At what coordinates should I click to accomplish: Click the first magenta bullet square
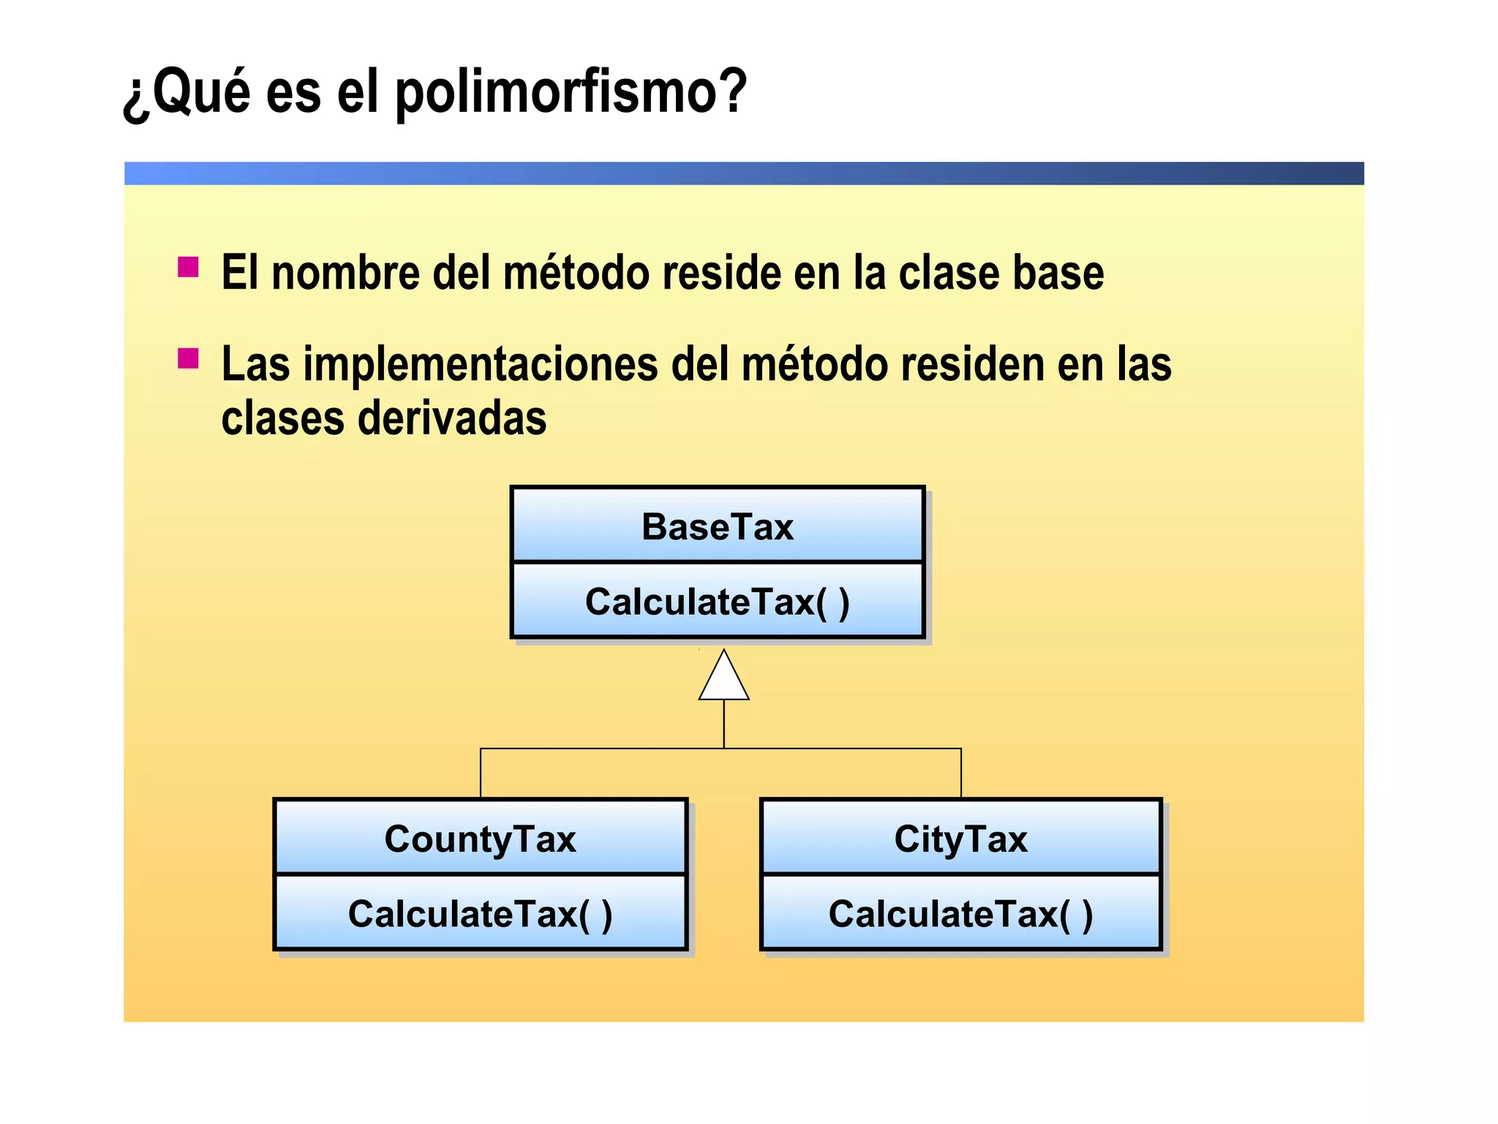coord(188,267)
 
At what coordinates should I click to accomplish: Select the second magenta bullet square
coord(188,359)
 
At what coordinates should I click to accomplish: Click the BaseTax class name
coord(718,527)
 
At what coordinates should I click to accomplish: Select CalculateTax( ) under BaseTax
coord(718,602)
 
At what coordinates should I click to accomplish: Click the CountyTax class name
coord(481,839)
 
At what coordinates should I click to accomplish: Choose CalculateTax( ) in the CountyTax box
coord(481,914)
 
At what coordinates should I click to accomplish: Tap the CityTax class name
coord(961,839)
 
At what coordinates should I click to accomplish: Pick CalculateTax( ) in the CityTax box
coord(961,914)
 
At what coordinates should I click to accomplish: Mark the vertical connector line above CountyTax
coord(481,773)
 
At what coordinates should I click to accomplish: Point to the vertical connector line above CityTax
coord(961,773)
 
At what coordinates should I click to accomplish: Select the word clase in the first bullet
coord(949,273)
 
